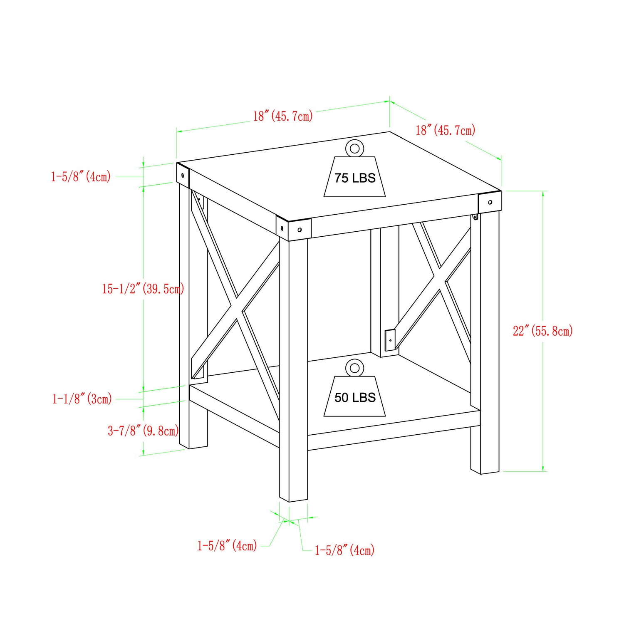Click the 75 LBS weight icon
click(x=354, y=177)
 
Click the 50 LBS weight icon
click(x=354, y=397)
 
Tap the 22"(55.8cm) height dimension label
click(x=542, y=331)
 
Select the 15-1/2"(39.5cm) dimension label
click(x=143, y=288)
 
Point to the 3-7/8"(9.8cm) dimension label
click(x=143, y=430)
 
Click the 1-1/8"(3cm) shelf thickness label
click(x=82, y=399)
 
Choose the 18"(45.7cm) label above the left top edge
click(x=283, y=116)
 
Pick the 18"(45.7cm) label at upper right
click(x=445, y=130)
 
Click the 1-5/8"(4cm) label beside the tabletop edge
click(x=81, y=176)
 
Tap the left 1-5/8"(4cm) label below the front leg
click(x=227, y=545)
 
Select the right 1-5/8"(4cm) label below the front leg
click(x=344, y=550)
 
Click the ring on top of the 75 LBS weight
click(x=354, y=148)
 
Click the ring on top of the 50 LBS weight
click(x=354, y=368)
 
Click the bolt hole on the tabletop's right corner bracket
click(x=490, y=202)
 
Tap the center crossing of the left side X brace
click(x=237, y=308)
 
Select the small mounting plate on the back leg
click(x=390, y=340)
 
